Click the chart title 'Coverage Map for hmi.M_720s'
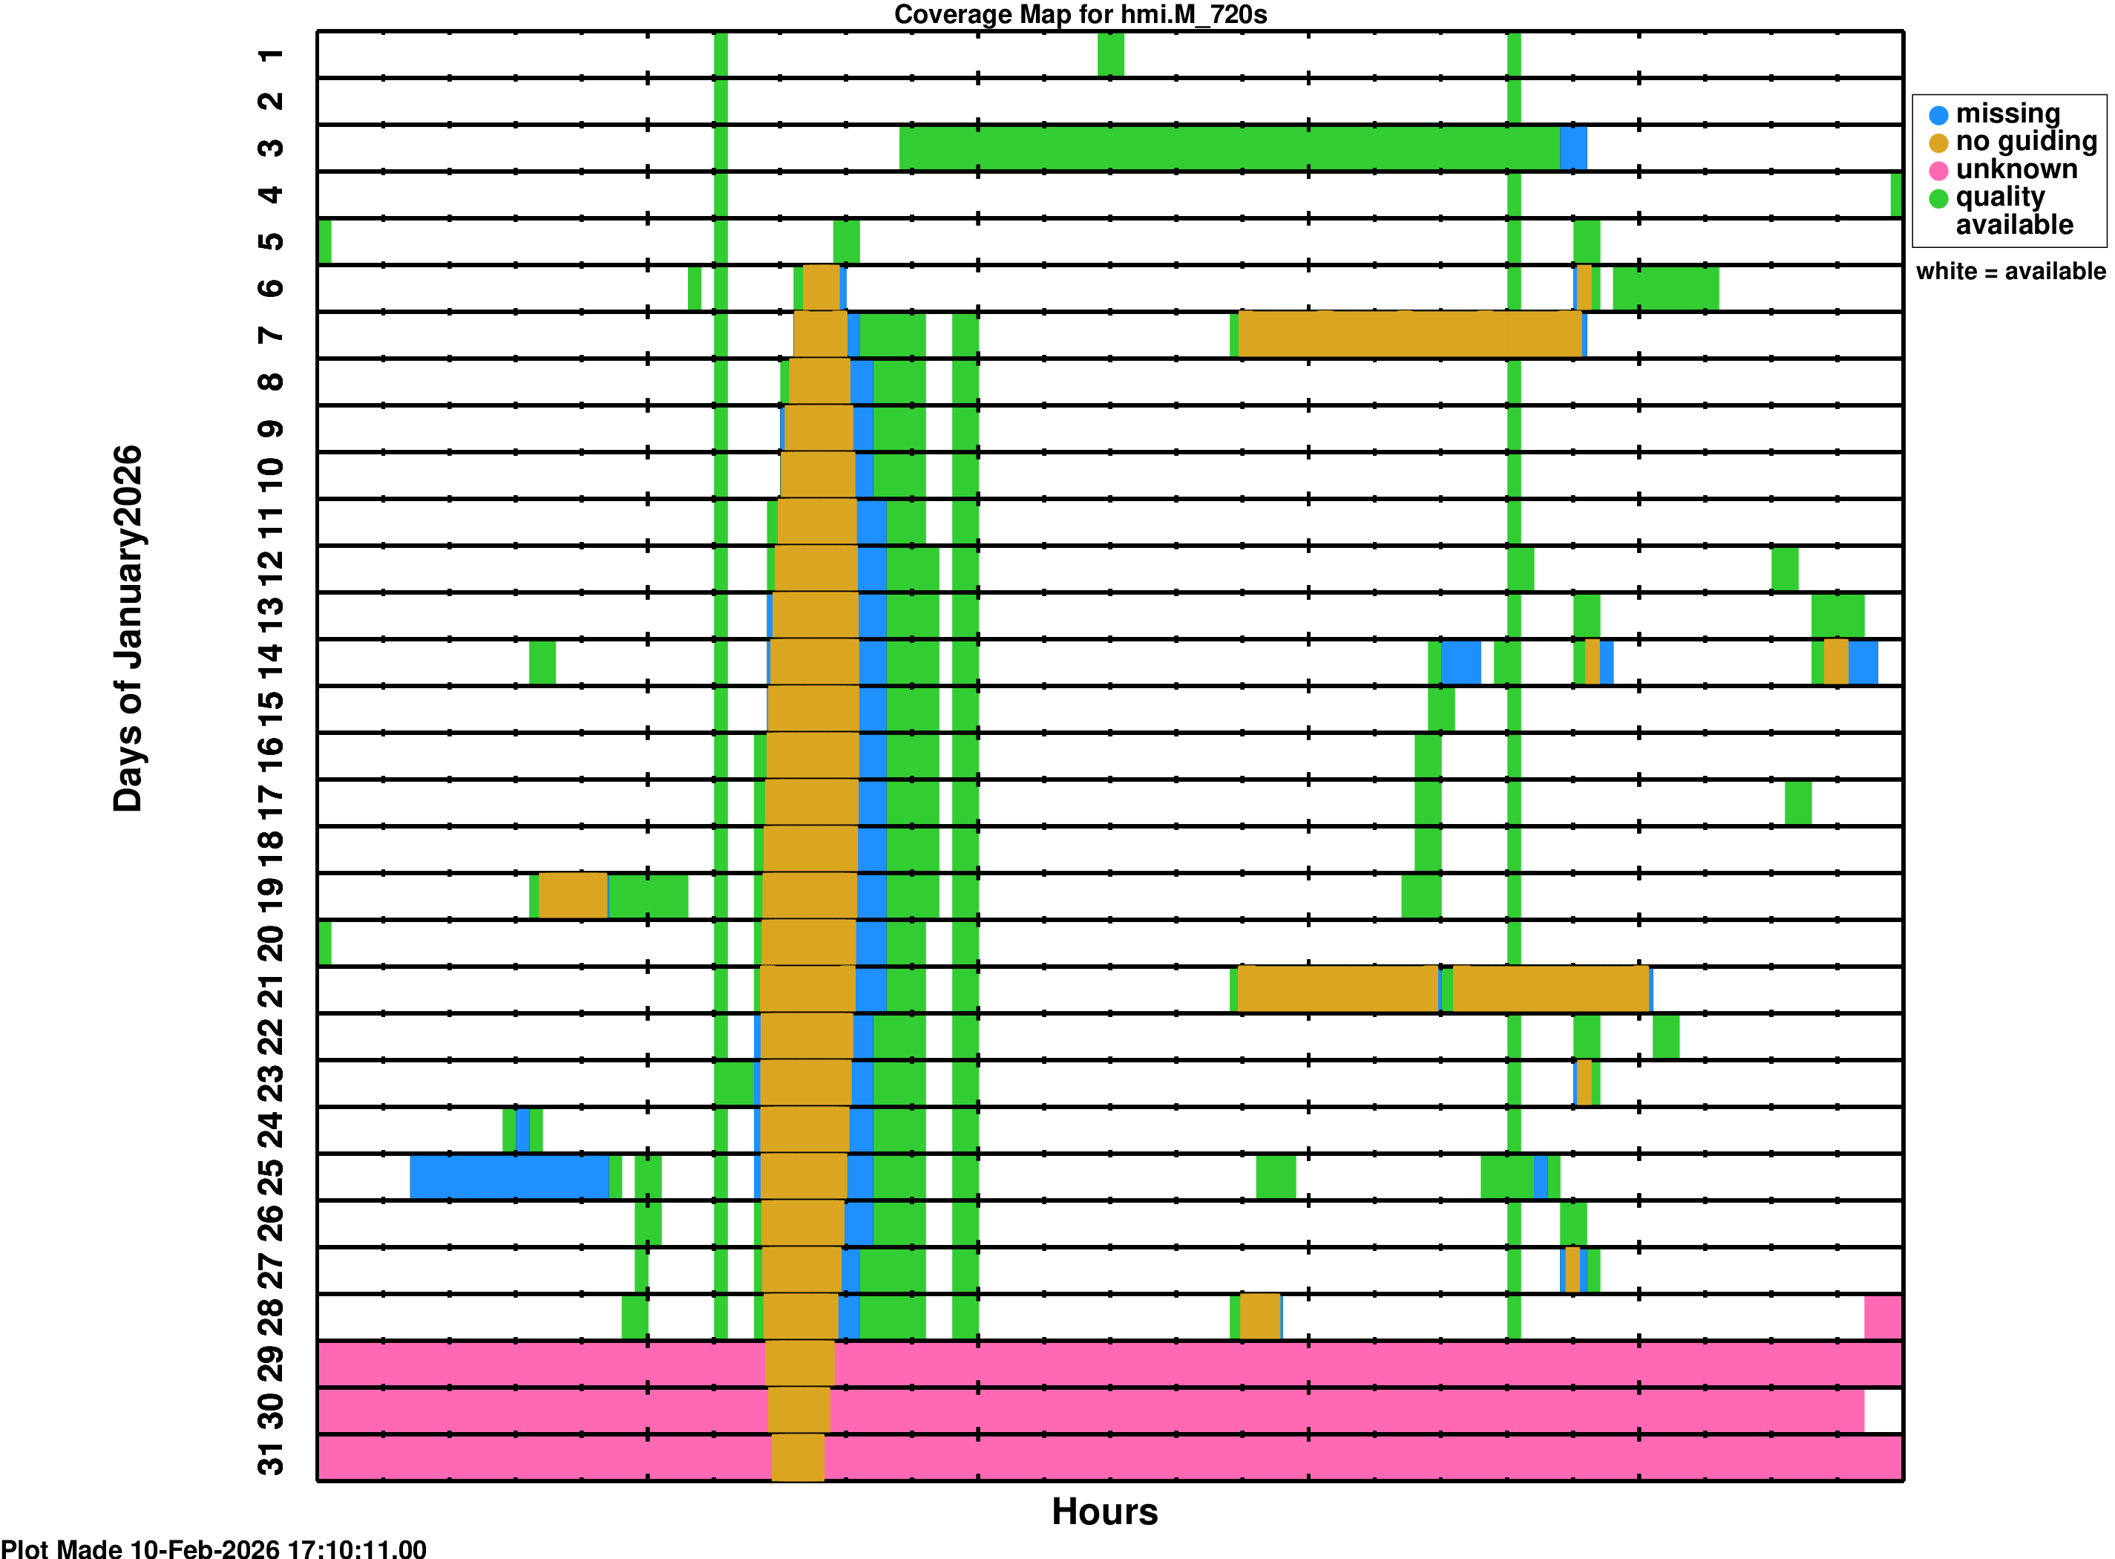(x=1081, y=14)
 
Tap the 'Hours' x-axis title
(x=1104, y=1511)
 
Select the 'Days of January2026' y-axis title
(x=128, y=629)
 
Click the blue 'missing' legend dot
(x=1938, y=115)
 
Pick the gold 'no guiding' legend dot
(x=1938, y=143)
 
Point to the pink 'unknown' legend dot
(x=1938, y=171)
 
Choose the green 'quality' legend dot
(x=1938, y=198)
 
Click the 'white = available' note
(x=2010, y=272)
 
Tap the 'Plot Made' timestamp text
(x=213, y=1548)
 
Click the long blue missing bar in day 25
(x=509, y=1177)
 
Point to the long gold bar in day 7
(x=1409, y=335)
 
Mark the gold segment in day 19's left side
(x=573, y=895)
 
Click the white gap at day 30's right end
(x=1882, y=1411)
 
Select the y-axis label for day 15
(x=271, y=701)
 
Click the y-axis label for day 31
(x=271, y=1458)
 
